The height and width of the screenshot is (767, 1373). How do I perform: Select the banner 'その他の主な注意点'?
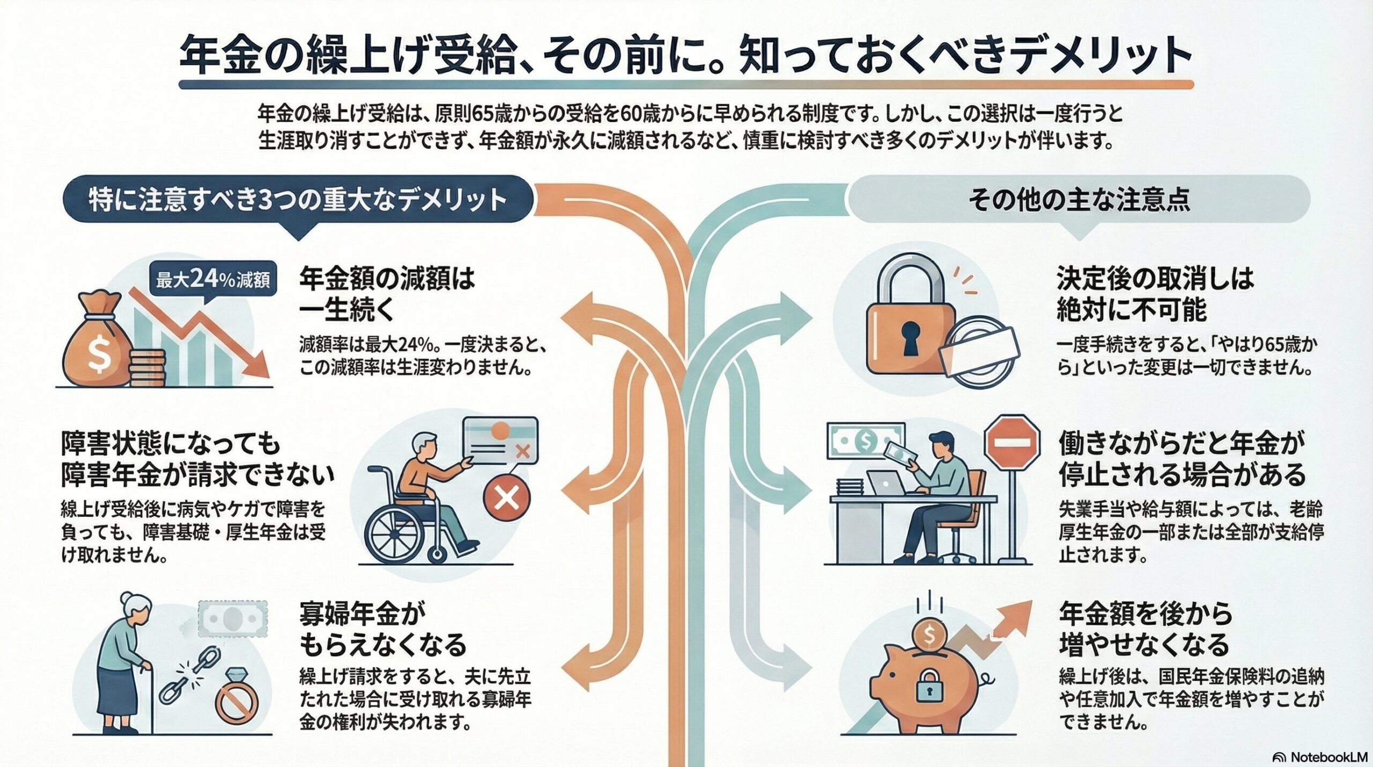click(1079, 199)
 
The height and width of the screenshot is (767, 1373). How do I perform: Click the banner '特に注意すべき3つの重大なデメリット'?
click(298, 199)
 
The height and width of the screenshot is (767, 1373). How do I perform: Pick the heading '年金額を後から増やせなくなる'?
click(1145, 629)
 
